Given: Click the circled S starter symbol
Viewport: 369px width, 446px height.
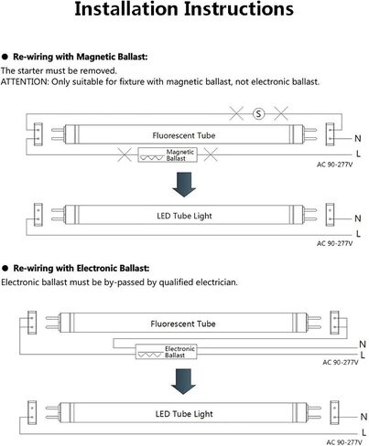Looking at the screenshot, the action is click(258, 114).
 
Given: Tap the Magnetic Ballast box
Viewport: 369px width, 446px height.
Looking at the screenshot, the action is click(168, 154).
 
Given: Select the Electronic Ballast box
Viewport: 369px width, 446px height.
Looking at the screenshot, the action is click(166, 352).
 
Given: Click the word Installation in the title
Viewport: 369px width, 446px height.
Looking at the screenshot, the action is click(126, 9).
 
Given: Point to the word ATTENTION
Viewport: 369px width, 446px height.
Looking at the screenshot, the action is click(25, 81).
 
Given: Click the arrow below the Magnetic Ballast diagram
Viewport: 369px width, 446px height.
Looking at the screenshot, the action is click(184, 185).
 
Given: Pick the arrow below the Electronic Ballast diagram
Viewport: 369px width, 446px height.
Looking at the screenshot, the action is click(183, 381).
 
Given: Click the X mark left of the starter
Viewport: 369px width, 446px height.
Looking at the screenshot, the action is click(236, 113).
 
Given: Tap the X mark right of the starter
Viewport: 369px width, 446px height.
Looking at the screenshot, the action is click(281, 113).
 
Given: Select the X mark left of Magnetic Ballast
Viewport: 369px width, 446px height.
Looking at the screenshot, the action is click(125, 154).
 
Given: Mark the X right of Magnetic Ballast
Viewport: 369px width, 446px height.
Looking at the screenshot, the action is click(211, 154).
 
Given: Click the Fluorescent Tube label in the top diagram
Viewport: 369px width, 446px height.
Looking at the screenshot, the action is click(184, 135).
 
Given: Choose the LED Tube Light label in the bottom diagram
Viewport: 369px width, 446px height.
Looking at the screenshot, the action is click(184, 414).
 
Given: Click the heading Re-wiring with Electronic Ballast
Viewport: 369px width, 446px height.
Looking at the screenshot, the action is click(81, 269).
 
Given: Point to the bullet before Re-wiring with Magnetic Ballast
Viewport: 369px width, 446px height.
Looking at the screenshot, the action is click(5, 57).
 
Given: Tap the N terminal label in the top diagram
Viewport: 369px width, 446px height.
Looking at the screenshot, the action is click(358, 139).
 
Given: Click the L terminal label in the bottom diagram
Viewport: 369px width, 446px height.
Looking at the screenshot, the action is click(364, 432).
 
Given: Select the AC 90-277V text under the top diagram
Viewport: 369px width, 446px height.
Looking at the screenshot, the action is click(334, 165).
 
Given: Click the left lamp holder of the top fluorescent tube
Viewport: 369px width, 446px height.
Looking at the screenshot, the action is click(38, 134).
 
